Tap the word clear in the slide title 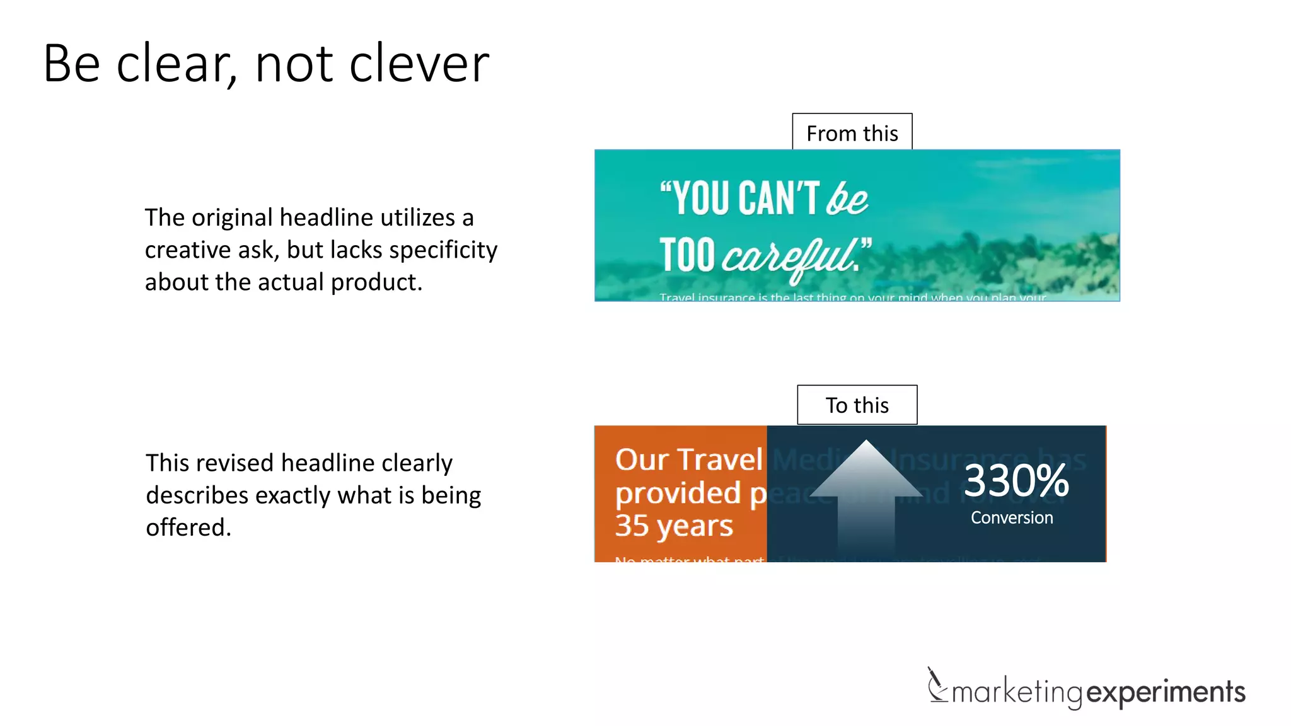pos(173,64)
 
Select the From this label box pos(852,132)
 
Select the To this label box pos(857,405)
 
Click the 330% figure pos(1016,481)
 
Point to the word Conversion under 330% pos(1012,517)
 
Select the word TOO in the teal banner pos(687,255)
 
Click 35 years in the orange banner pos(674,525)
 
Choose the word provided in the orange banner pos(678,493)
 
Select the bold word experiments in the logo pos(1166,692)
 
